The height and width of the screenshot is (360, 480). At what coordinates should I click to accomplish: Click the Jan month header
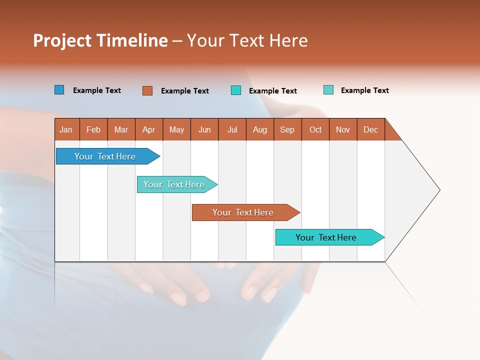tap(66, 129)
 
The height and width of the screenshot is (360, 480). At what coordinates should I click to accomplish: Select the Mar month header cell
tap(121, 129)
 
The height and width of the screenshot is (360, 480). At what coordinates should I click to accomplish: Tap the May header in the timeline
tap(176, 129)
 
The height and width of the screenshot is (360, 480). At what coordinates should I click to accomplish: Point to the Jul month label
tap(232, 129)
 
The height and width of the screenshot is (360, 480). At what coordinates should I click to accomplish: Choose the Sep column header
tap(287, 129)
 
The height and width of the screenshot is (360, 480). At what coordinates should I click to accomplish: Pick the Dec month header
tap(370, 129)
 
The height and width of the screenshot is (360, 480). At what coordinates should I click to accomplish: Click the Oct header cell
tap(315, 129)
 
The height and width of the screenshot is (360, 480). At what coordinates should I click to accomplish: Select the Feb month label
tap(93, 129)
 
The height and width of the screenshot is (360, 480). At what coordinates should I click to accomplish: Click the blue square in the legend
tap(59, 90)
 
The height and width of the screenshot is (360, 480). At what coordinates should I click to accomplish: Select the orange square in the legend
tap(147, 90)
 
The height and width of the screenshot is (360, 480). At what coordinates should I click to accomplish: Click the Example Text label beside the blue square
tap(97, 90)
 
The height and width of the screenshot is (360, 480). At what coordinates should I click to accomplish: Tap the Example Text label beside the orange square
tap(185, 91)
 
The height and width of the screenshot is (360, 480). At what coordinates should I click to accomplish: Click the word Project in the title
tap(62, 41)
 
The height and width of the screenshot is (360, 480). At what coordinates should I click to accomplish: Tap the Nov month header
tap(343, 129)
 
